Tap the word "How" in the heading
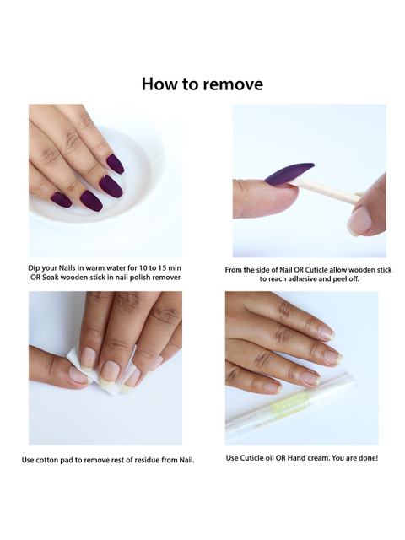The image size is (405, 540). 158,84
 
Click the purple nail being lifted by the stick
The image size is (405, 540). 289,173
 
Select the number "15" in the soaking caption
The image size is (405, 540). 163,268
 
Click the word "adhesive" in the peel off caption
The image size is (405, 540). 303,279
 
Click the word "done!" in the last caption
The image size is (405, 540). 369,458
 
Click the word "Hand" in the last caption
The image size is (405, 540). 296,458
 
